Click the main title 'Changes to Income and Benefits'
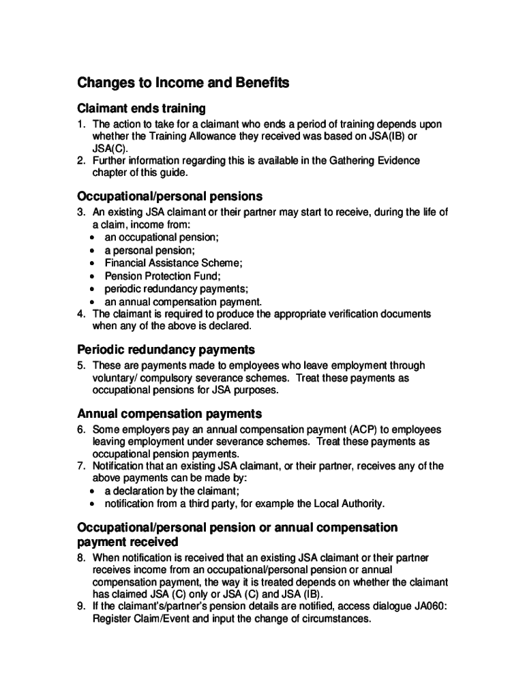coord(183,83)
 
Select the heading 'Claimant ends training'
coord(141,108)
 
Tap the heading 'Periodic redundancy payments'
coord(166,350)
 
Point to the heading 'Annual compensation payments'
coord(169,414)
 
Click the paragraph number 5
coord(80,365)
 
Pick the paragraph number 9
coord(80,607)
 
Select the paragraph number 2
coord(80,161)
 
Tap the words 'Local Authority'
coord(350,504)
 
